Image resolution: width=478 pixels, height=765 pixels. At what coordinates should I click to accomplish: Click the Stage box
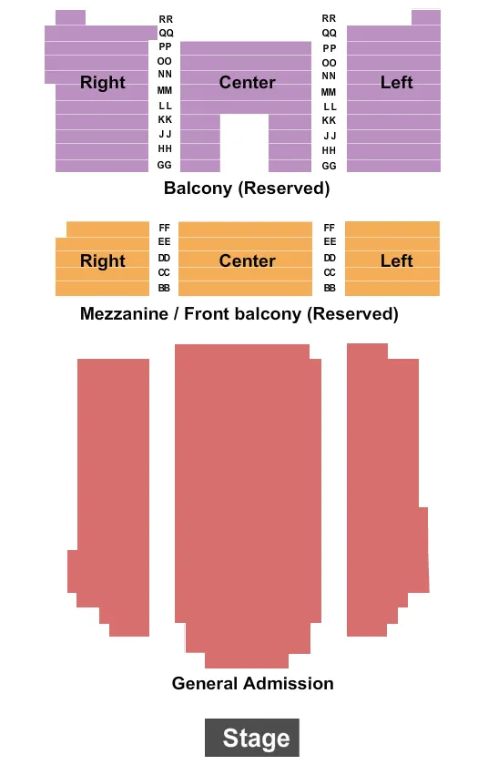click(252, 738)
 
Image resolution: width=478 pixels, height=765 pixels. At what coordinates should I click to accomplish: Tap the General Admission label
click(252, 683)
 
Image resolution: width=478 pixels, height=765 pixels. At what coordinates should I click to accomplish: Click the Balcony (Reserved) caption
click(247, 189)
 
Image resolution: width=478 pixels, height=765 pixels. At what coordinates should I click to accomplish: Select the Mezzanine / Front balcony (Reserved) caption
click(239, 314)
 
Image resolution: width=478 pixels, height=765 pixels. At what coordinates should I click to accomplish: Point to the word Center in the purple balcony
click(247, 83)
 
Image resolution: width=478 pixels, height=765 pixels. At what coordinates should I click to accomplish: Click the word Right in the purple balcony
click(103, 83)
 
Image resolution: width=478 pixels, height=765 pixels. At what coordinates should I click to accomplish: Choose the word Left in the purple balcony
click(396, 83)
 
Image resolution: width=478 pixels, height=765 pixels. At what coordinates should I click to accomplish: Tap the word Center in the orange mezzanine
click(247, 261)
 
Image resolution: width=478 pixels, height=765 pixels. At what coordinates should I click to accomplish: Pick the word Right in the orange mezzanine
click(103, 261)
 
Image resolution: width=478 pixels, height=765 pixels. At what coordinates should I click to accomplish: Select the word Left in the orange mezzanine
click(396, 261)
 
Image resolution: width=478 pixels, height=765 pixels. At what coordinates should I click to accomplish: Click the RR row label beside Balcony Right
click(165, 19)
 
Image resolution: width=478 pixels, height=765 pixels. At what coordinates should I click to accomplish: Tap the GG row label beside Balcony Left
click(329, 166)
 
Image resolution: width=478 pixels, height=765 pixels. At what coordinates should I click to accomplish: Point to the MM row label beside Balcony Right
click(165, 90)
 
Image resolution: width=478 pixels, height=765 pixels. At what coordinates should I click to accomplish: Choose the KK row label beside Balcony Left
click(329, 120)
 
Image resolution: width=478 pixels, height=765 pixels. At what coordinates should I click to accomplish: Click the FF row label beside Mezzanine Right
click(165, 228)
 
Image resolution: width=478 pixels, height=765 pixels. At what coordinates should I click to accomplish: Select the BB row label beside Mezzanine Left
click(329, 288)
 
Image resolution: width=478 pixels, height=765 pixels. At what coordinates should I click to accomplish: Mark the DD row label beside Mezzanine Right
click(165, 258)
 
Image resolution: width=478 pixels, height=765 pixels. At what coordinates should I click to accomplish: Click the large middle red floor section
click(248, 492)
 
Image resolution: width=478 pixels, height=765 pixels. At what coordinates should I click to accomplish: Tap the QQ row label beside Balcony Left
click(329, 33)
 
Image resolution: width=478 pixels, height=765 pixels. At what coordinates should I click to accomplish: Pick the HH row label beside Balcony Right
click(165, 148)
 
